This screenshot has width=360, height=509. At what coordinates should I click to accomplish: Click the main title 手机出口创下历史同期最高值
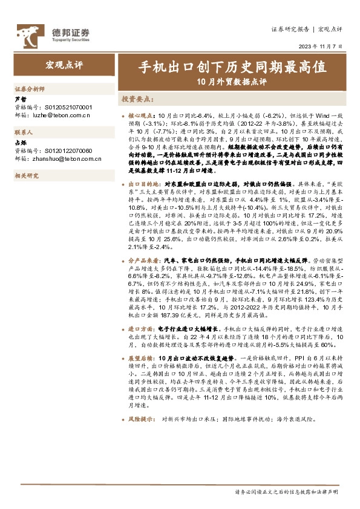coord(232,65)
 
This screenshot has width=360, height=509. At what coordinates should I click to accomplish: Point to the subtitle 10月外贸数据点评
coord(232,81)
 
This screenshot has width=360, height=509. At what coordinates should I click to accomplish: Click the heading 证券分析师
coord(29,88)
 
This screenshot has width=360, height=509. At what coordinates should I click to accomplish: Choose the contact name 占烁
coord(20,143)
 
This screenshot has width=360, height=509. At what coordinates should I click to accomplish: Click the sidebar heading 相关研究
coord(27,176)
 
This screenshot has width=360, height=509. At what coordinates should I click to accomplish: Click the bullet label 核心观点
coord(142,114)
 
